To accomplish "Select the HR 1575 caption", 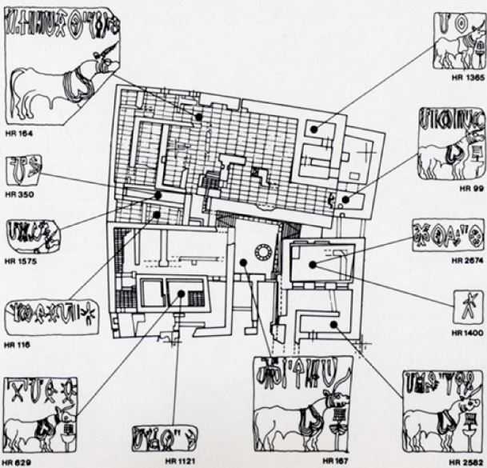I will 19,260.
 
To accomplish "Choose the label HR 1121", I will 179,462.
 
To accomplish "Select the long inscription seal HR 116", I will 51,318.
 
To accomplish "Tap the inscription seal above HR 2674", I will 448,234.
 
